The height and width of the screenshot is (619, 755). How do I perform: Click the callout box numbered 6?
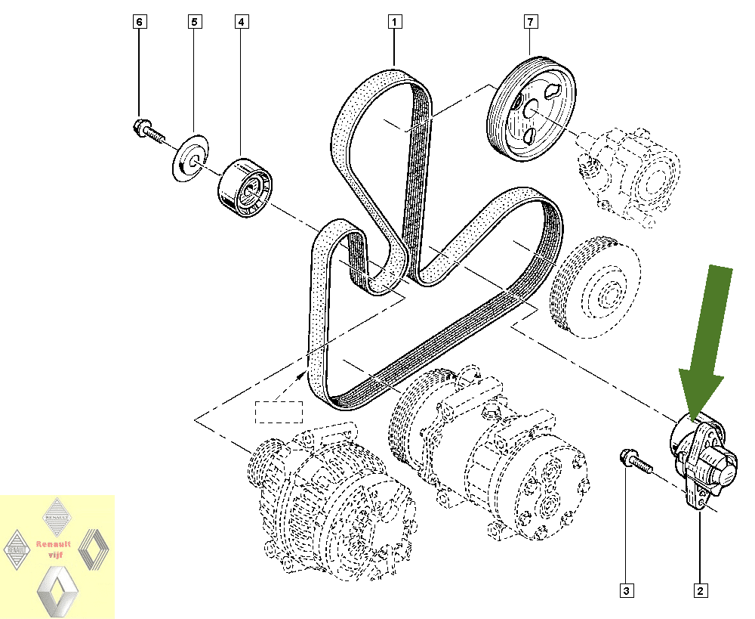139,22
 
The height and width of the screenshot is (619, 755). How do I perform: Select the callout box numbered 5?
195,22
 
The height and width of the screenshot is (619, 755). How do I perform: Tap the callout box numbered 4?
242,22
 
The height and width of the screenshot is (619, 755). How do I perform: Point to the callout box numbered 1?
394,22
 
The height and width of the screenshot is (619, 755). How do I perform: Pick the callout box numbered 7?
530,22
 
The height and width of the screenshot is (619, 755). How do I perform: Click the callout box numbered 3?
626,590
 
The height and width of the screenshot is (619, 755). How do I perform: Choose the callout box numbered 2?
700,590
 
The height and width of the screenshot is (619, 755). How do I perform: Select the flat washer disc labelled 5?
191,158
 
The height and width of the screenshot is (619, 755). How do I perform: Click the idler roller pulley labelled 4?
245,187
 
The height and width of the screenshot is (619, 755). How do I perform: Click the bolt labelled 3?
636,460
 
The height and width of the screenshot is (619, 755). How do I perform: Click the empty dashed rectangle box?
279,412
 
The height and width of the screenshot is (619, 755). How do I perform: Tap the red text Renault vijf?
54,549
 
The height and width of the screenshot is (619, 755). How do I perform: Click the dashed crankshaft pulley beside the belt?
596,287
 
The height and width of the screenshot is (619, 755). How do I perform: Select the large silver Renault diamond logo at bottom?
57,591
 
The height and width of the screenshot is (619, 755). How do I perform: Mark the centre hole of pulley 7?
531,109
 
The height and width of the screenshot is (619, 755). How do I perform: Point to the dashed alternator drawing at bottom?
332,501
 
